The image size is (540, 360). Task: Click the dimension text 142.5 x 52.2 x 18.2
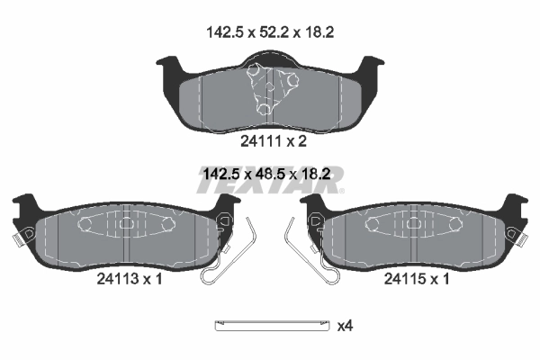[x=270, y=32]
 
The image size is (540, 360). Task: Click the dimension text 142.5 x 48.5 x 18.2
[x=267, y=174]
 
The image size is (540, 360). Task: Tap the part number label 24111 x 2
[x=274, y=141]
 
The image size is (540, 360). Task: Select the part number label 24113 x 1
[x=130, y=279]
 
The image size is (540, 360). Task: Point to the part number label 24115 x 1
[x=417, y=279]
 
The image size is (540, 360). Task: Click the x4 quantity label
[x=345, y=326]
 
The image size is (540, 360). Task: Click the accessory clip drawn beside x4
[x=272, y=325]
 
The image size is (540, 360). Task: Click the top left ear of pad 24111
[x=170, y=65]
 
